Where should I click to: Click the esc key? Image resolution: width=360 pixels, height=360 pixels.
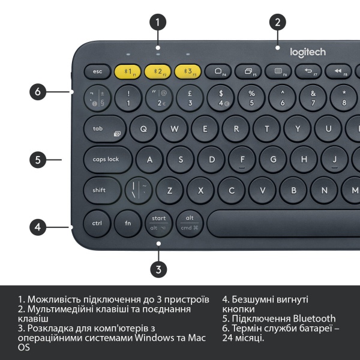coord(98,71)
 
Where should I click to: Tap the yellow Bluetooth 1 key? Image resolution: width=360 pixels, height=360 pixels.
coord(128,71)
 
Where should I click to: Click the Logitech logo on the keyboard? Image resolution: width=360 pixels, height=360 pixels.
coord(308,53)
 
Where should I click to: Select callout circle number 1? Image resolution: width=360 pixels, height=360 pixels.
coord(158,23)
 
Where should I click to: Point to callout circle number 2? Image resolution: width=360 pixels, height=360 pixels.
coord(277,23)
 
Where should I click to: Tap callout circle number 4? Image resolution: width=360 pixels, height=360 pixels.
coord(38,227)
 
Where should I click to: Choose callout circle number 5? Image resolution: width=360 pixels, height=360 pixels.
coord(38,160)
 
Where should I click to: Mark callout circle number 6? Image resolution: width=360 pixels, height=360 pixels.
coord(38,92)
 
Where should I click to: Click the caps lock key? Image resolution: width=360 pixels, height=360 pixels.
coord(107,160)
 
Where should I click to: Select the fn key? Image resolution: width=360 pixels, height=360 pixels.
coord(128,223)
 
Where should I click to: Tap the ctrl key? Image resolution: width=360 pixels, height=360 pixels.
coord(97,223)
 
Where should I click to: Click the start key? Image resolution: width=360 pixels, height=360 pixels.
coord(158,223)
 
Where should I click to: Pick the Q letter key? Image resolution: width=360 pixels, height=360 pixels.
coord(143,128)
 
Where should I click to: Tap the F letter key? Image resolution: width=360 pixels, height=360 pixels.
coord(242,160)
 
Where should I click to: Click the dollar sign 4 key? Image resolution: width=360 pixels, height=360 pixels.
coord(221,97)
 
